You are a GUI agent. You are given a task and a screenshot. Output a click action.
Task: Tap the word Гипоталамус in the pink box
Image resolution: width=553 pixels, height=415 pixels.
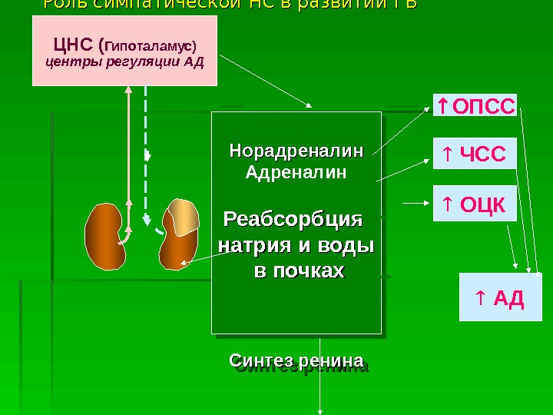pos(157,44)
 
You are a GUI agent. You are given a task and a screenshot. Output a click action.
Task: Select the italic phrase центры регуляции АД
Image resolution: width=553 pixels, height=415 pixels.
pos(126,61)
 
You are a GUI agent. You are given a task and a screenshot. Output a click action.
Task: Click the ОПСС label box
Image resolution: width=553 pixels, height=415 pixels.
pos(475,106)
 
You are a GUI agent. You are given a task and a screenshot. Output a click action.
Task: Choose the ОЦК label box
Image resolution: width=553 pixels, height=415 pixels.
pos(475,204)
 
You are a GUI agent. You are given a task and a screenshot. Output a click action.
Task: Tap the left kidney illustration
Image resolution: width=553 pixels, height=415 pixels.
pos(104,235)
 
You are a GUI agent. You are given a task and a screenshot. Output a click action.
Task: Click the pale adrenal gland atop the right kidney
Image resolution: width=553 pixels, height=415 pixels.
pos(184,216)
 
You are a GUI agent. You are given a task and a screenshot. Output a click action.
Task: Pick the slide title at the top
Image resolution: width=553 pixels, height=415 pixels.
pos(230,5)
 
